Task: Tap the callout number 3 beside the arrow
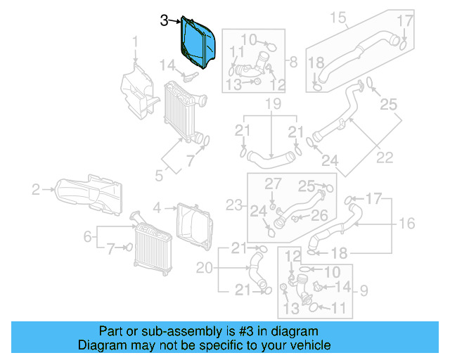coord(164,21)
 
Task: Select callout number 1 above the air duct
coord(136,46)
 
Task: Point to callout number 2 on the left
coord(34,188)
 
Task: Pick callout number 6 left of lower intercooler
coord(88,237)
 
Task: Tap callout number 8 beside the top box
coord(293,61)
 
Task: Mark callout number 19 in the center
coord(272,105)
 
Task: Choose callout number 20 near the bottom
coord(204,267)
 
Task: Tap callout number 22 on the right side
coord(385,157)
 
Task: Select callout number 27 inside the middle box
coord(272,184)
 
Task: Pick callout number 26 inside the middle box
coord(319,215)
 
